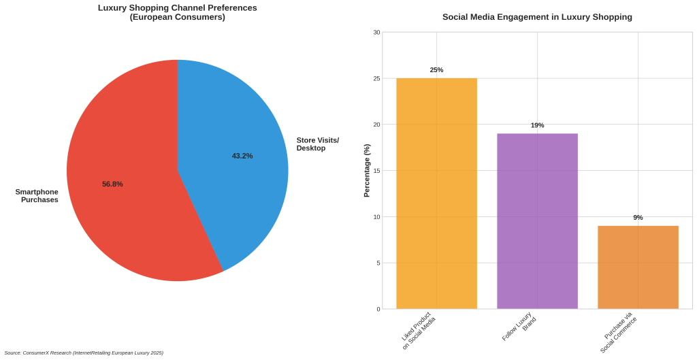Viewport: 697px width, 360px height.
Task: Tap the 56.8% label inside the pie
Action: (x=112, y=184)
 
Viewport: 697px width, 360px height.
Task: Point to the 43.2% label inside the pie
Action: (x=242, y=156)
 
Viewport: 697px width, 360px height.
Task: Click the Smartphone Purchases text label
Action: (x=37, y=196)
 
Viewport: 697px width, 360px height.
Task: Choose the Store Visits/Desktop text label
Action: (x=317, y=144)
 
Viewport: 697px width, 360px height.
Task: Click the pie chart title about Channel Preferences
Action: (x=178, y=12)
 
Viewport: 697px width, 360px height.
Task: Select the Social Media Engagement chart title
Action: (x=537, y=17)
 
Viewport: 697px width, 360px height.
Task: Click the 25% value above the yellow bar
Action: (x=436, y=70)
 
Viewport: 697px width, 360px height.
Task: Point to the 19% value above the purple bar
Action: (x=537, y=125)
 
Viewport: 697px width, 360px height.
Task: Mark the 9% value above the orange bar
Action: (x=638, y=218)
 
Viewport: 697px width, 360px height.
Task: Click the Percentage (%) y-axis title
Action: (x=367, y=170)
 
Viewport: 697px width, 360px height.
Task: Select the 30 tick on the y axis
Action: (x=376, y=32)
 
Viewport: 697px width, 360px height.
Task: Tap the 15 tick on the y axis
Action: (x=376, y=171)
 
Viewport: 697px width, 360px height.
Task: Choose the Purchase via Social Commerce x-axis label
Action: (x=618, y=333)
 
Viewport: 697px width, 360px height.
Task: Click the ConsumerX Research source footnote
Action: (x=84, y=353)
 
